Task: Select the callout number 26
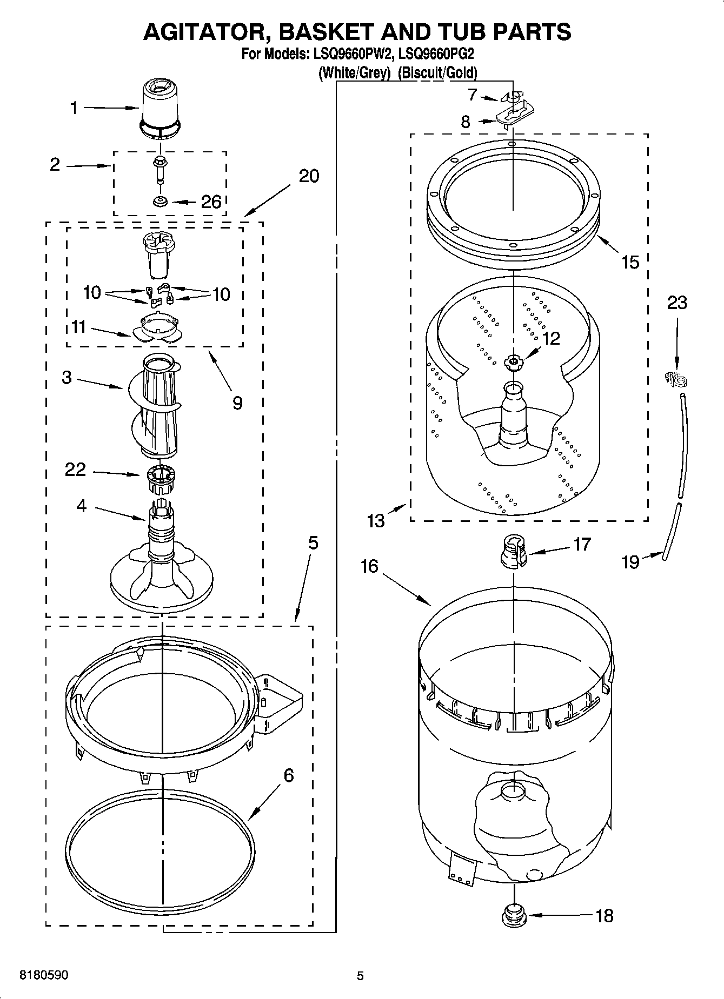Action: point(211,202)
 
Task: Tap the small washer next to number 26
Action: point(161,202)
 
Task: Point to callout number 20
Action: point(309,176)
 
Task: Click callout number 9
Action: point(237,403)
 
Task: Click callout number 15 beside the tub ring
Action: point(630,262)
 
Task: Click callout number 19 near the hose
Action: point(630,562)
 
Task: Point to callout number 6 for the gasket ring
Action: point(288,775)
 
